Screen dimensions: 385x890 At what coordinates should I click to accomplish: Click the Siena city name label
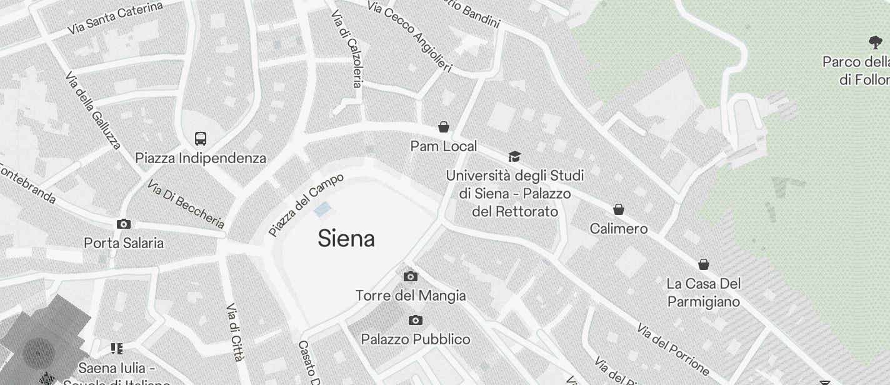(x=346, y=239)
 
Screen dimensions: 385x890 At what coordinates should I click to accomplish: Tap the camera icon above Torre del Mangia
(x=411, y=276)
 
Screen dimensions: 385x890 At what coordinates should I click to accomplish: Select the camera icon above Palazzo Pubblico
(x=415, y=321)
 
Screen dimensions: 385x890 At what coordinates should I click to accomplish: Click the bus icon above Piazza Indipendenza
(x=201, y=139)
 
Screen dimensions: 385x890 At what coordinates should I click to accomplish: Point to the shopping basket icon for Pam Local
(x=444, y=127)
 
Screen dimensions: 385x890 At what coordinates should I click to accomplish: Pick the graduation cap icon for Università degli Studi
(x=514, y=156)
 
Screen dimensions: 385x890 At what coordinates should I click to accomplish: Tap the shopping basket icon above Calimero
(x=619, y=209)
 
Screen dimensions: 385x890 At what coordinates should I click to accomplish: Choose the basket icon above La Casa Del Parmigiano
(x=704, y=264)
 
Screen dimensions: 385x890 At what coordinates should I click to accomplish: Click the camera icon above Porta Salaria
(x=124, y=224)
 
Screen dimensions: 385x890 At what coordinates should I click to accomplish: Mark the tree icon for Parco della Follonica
(x=876, y=42)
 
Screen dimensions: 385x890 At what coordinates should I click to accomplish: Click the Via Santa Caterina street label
(x=116, y=18)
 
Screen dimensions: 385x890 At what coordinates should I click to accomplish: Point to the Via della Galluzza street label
(x=92, y=110)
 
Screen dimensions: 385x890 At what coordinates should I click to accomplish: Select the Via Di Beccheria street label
(x=186, y=204)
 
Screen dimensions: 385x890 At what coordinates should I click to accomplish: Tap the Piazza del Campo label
(x=306, y=204)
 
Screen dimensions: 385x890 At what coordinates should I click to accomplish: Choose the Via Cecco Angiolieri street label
(x=409, y=36)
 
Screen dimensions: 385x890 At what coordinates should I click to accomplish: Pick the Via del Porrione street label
(x=672, y=349)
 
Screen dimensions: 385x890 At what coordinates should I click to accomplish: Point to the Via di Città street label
(x=234, y=332)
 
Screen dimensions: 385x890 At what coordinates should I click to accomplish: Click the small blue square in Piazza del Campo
(x=322, y=209)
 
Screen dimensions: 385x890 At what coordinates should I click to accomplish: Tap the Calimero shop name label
(x=619, y=229)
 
